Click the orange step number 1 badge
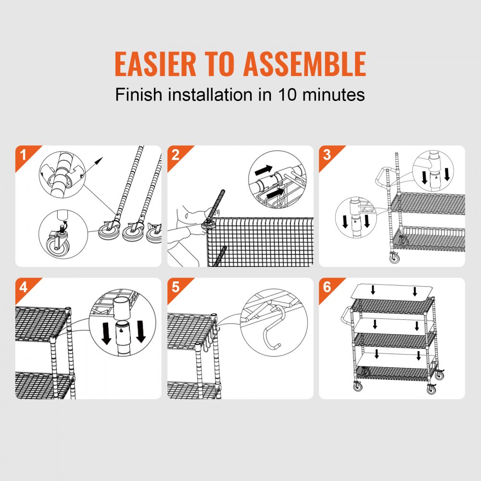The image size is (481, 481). (22, 154)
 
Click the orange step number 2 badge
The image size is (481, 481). (174, 154)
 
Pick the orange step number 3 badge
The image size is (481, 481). (327, 154)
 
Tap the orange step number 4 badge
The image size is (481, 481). (22, 287)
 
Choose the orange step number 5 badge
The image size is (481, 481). (174, 287)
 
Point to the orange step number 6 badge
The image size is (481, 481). (327, 287)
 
